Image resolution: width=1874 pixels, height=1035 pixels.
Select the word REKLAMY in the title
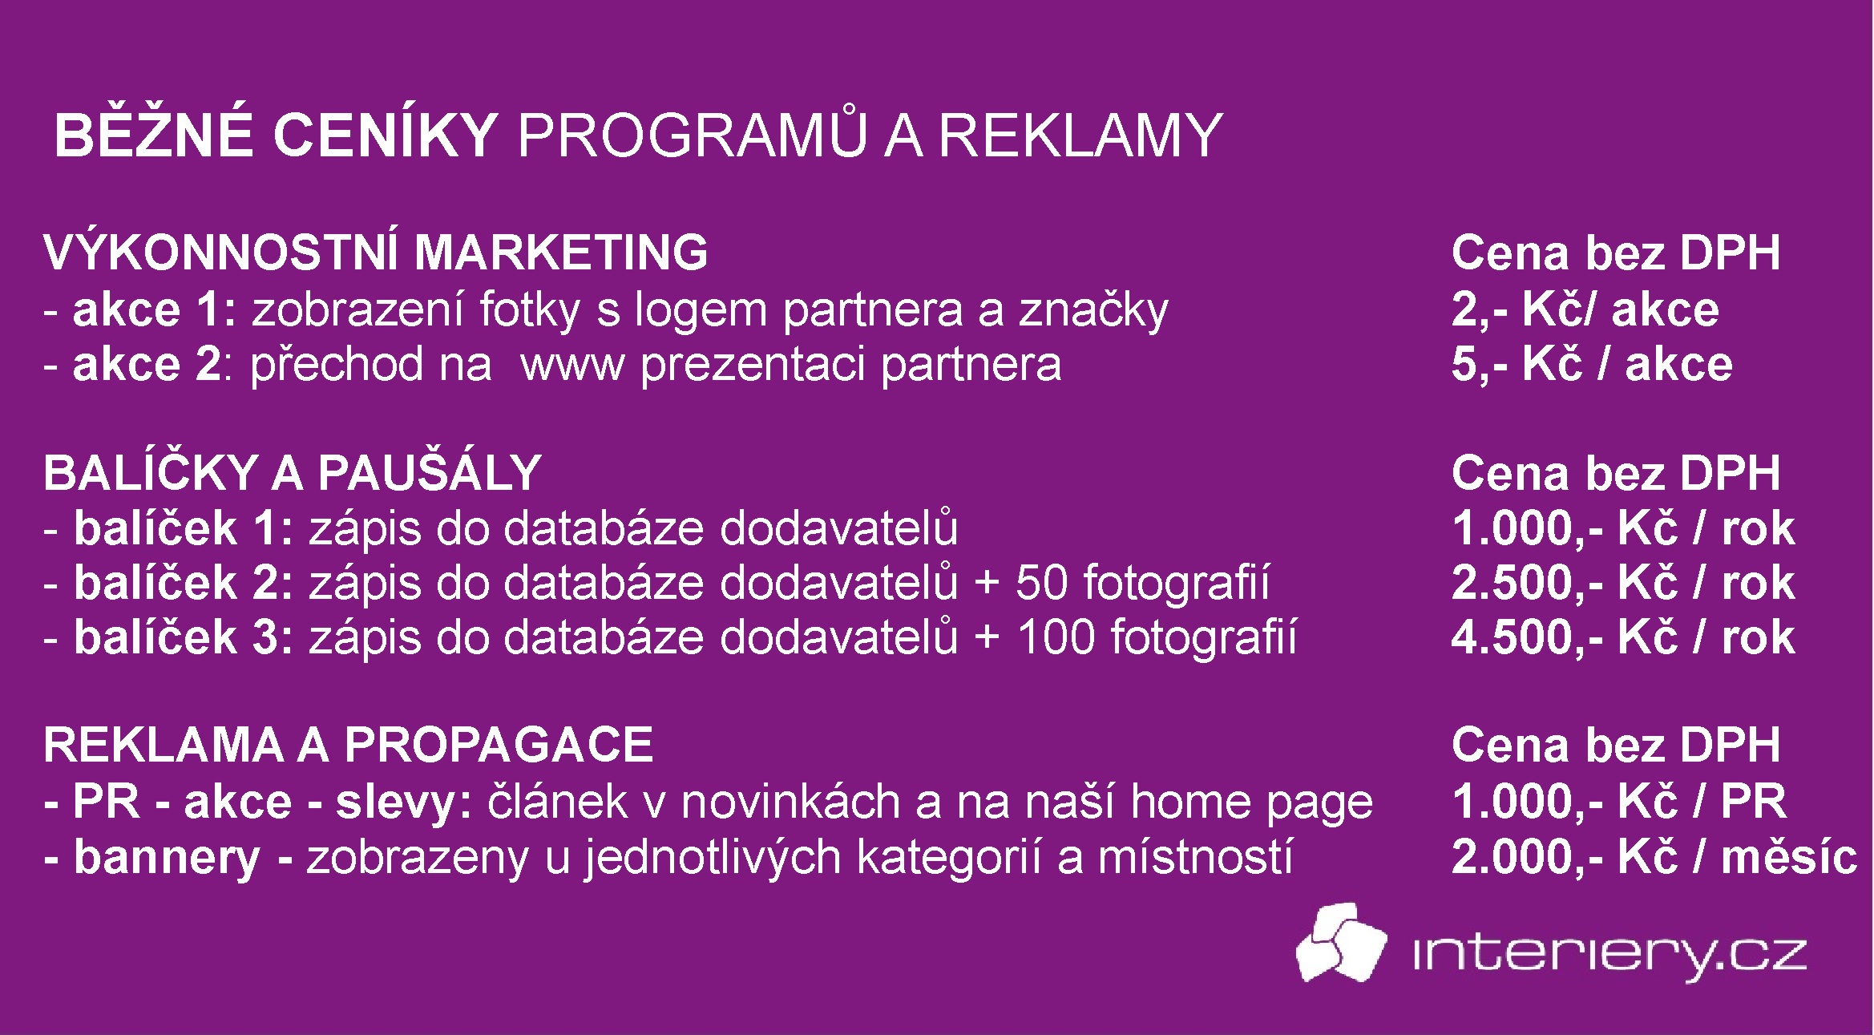pyautogui.click(x=1080, y=135)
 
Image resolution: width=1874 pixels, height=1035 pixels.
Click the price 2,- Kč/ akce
pyautogui.click(x=1585, y=309)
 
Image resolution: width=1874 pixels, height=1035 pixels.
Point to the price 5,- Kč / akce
pyautogui.click(x=1591, y=365)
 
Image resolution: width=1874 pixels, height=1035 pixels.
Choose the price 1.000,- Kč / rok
pyautogui.click(x=1623, y=529)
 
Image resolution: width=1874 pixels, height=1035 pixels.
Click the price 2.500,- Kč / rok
pyautogui.click(x=1623, y=583)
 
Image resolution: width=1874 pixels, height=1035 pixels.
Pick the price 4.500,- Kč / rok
pyautogui.click(x=1623, y=638)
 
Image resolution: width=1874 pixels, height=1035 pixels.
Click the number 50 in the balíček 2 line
pyautogui.click(x=1042, y=583)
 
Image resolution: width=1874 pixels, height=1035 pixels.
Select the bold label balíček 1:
pyautogui.click(x=184, y=529)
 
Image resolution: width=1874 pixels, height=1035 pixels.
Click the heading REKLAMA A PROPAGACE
pyautogui.click(x=348, y=745)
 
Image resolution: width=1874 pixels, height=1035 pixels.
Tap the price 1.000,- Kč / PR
pyautogui.click(x=1619, y=802)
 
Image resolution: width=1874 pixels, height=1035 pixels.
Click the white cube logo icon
pyautogui.click(x=1341, y=943)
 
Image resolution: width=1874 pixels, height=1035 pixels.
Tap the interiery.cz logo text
pyautogui.click(x=1609, y=956)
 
